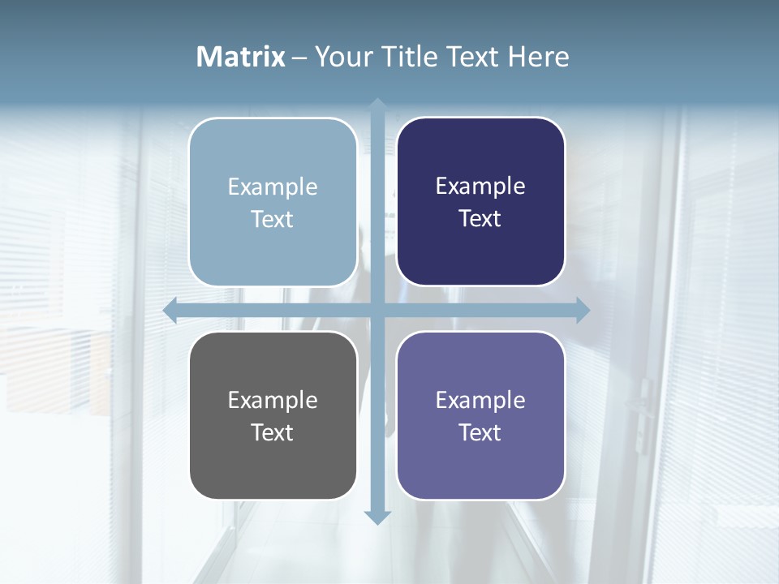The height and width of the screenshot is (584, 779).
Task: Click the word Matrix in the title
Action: [x=240, y=57]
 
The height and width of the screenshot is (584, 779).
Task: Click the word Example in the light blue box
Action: [x=273, y=187]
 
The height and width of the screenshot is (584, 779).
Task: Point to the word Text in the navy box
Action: [x=480, y=219]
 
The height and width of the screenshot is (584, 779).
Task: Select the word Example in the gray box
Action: [x=273, y=401]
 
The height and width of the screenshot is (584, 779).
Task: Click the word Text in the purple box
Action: [x=480, y=432]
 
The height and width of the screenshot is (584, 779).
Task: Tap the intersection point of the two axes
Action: [x=377, y=310]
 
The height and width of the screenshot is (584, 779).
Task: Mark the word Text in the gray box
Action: [x=273, y=432]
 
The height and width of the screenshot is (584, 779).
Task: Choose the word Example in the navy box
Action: [x=480, y=187]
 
